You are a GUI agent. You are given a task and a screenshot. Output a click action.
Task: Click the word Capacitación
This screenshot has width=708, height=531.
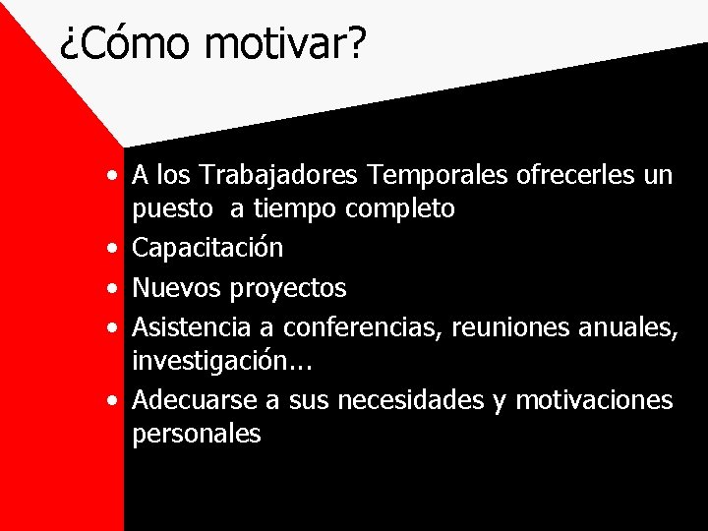pyautogui.click(x=207, y=249)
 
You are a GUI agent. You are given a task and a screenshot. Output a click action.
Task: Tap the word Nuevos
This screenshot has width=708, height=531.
pyautogui.click(x=177, y=288)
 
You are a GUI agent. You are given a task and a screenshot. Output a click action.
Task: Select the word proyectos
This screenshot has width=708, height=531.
pyautogui.click(x=288, y=289)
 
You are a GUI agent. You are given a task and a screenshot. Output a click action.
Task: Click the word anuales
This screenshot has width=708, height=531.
pyautogui.click(x=630, y=326)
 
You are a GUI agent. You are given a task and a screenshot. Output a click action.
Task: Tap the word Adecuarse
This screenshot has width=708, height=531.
pyautogui.click(x=195, y=400)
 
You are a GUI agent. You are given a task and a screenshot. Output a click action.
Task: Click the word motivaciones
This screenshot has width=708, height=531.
pyautogui.click(x=594, y=400)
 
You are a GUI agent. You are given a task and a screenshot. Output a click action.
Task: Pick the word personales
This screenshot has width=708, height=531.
pyautogui.click(x=197, y=434)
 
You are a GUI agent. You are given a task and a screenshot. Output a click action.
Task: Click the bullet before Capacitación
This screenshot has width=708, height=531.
pyautogui.click(x=116, y=249)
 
